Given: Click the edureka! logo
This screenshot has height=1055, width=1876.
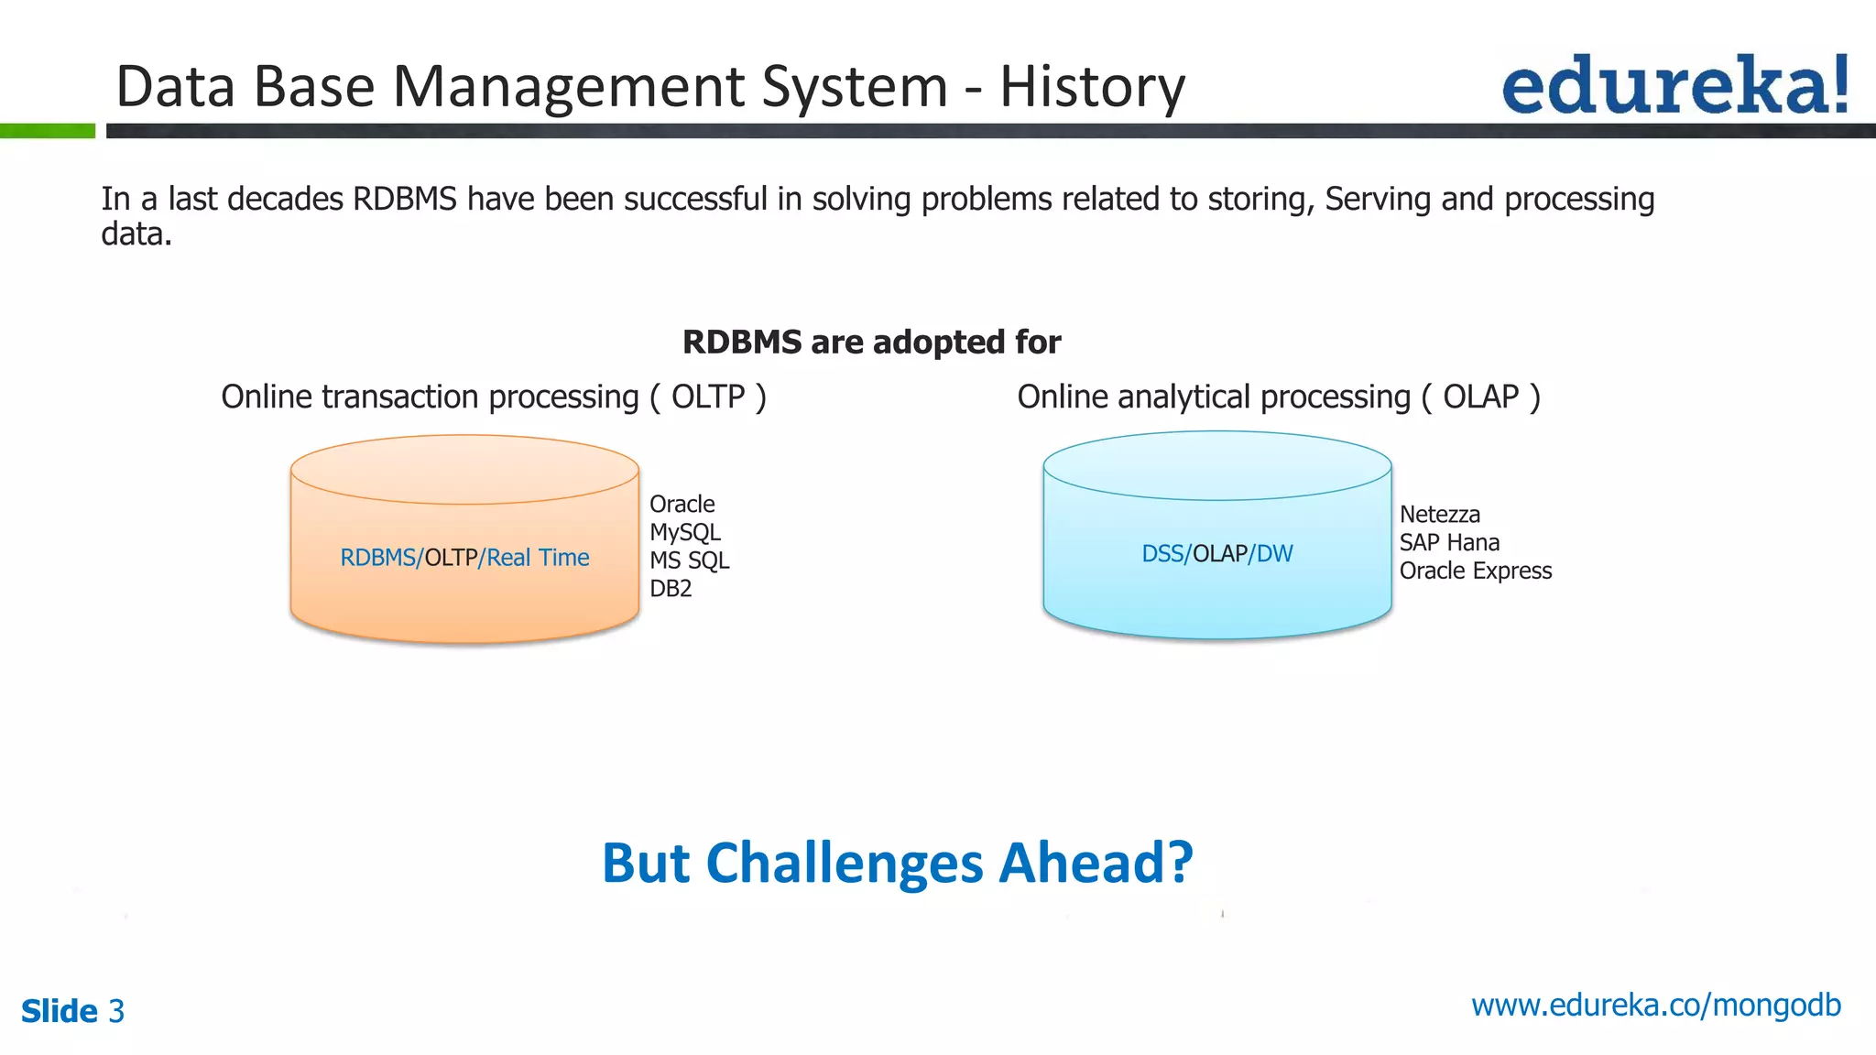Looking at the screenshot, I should tap(1674, 85).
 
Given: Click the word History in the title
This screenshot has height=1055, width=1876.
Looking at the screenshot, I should tap(1092, 87).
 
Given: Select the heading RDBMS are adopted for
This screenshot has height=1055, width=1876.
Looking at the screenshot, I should tap(871, 343).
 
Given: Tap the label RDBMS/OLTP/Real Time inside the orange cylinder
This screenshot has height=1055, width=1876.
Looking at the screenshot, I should tap(464, 558).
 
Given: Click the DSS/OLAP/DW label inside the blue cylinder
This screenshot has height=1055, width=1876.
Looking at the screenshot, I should tap(1216, 554).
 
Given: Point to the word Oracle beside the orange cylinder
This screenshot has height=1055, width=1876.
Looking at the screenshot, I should tap(682, 505).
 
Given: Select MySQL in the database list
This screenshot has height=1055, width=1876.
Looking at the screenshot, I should tap(684, 533).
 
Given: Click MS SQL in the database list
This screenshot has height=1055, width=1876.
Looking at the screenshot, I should tap(689, 560).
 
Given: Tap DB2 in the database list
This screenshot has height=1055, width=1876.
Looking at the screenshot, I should tap(671, 589).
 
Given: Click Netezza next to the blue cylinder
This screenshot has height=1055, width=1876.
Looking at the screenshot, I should tap(1439, 515).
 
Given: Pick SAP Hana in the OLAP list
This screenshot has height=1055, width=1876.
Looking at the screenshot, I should tap(1448, 543).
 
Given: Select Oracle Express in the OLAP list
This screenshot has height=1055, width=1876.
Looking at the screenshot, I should tap(1475, 571).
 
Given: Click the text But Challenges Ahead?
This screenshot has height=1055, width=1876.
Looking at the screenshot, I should tap(897, 863).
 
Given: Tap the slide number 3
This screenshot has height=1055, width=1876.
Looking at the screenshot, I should tap(116, 1011).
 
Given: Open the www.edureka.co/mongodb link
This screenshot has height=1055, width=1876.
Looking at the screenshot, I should tap(1655, 1006).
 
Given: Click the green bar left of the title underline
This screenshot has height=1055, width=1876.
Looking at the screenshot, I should tap(48, 131).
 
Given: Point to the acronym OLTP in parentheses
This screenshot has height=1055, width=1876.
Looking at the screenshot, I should tap(708, 397).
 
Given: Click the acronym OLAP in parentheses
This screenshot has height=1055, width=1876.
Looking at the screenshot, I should tap(1480, 397).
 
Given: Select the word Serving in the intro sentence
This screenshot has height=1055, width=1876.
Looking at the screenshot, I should tap(1377, 200).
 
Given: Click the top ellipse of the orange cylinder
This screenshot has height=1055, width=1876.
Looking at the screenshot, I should tap(464, 470).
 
